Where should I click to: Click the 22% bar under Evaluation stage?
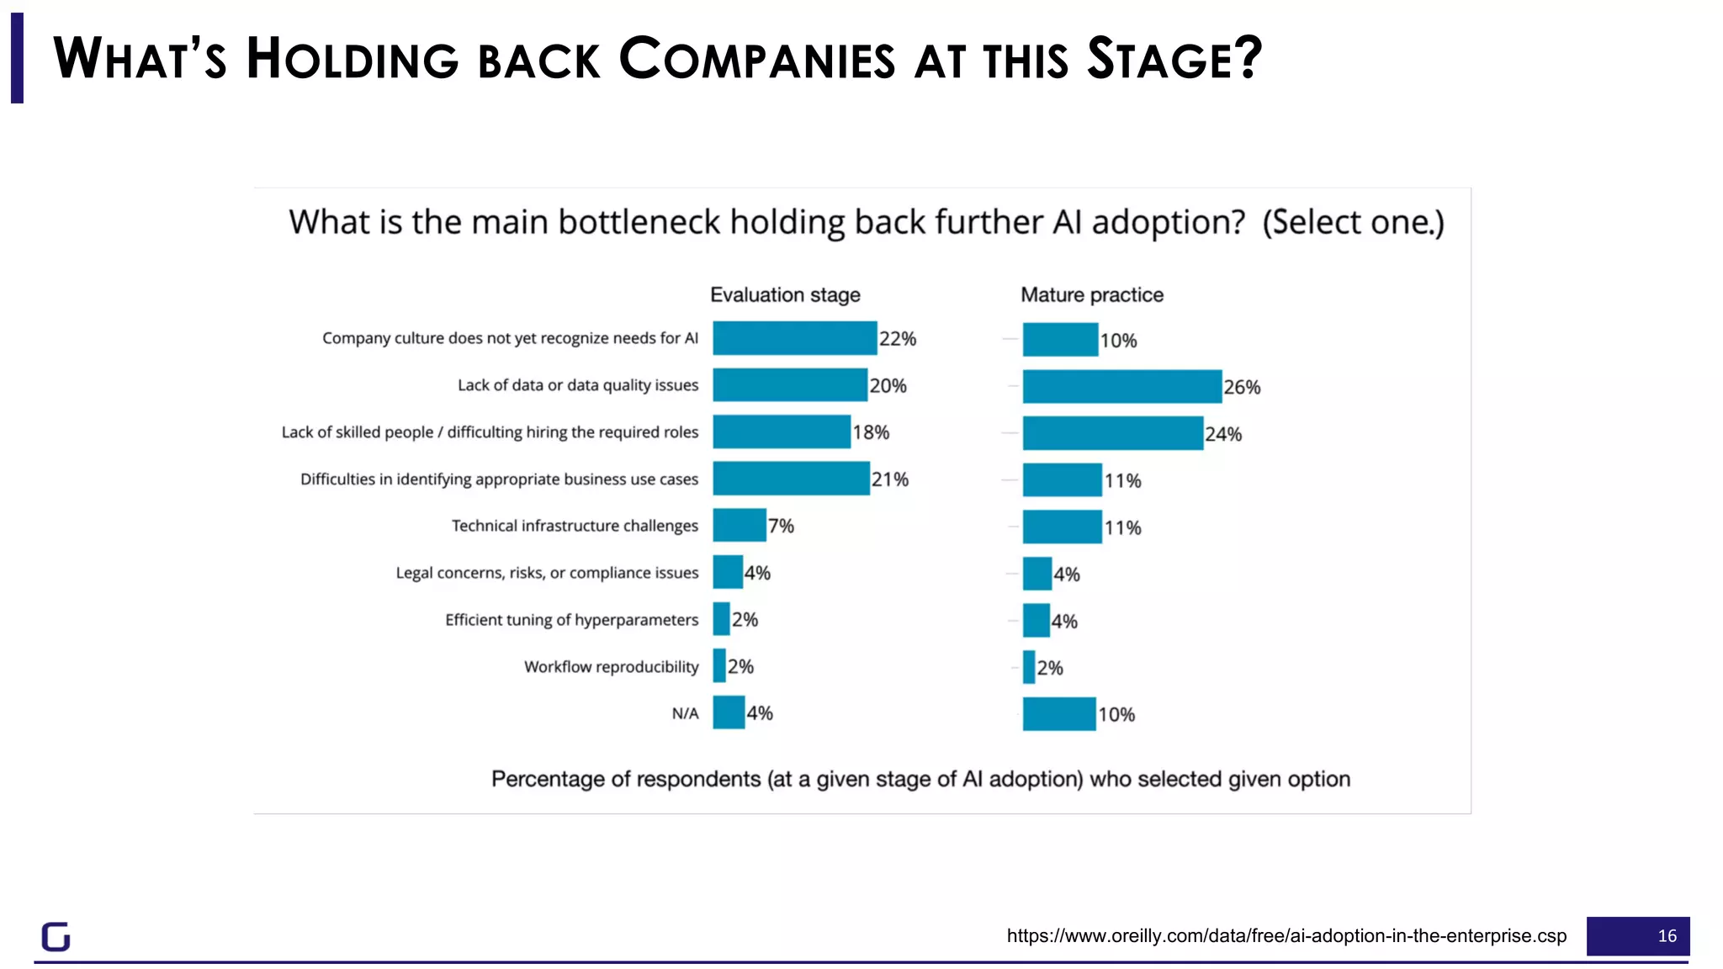[794, 338]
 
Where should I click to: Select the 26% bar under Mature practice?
[1121, 387]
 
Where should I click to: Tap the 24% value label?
[1222, 434]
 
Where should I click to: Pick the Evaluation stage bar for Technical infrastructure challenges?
[739, 526]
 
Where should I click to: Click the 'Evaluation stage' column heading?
[785, 295]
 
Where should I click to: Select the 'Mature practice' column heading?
[1091, 295]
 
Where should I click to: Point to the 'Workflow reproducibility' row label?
[611, 667]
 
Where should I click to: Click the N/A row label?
[685, 714]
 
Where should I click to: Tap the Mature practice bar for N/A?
[1058, 714]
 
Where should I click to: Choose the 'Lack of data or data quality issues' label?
[577, 385]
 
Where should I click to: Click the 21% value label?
[889, 479]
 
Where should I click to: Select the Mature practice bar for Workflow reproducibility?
[1028, 667]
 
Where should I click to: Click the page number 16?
[1666, 936]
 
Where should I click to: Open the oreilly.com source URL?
[1286, 936]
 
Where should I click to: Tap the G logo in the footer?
[56, 936]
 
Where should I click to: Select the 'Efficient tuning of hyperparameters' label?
[571, 620]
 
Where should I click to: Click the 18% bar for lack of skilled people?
[781, 432]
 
